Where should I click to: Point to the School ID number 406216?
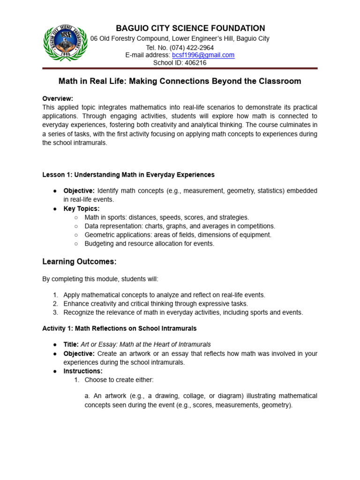click(195, 63)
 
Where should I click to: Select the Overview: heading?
click(58, 98)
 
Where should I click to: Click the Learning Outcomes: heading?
click(79, 261)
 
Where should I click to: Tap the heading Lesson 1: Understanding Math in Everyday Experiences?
click(128, 174)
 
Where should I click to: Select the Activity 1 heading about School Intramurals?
click(120, 328)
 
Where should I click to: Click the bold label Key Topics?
click(82, 209)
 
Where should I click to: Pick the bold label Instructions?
click(83, 371)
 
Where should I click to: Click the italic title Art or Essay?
click(146, 345)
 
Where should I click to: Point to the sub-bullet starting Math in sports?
click(166, 217)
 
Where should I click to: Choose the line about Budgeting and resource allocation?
click(149, 244)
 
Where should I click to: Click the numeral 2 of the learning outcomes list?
click(55, 304)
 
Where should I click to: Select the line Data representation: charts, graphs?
click(180, 226)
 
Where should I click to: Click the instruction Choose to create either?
click(119, 380)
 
